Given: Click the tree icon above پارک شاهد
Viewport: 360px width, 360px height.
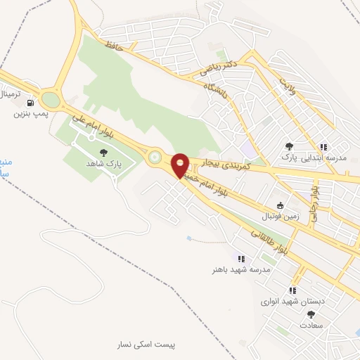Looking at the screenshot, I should (104, 151).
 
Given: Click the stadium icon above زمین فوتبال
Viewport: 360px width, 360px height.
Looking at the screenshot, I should (281, 205).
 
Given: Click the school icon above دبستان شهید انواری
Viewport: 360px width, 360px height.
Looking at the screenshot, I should (292, 290).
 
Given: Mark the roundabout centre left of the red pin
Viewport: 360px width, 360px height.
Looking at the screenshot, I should (154, 159).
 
